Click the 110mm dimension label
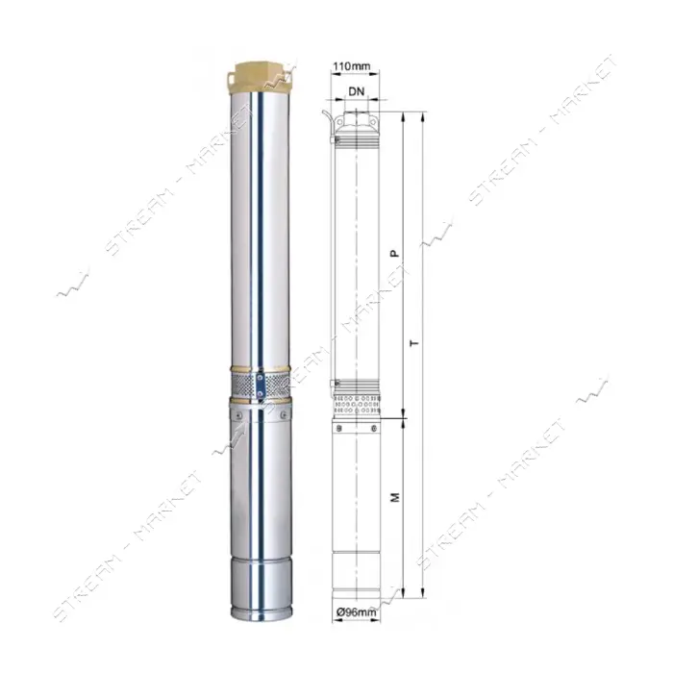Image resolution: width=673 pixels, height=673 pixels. (x=351, y=66)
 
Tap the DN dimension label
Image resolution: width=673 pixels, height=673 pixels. (x=357, y=91)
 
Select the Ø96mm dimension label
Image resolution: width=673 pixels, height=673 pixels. (x=357, y=612)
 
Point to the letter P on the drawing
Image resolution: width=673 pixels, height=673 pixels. (x=395, y=254)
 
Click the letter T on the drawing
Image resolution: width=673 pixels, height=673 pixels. (x=414, y=343)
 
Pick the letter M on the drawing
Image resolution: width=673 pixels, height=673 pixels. (x=395, y=497)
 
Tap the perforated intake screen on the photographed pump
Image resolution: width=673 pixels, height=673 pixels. (x=261, y=385)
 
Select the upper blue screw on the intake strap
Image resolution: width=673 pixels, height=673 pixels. (x=261, y=378)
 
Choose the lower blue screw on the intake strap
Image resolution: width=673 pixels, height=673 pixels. (x=261, y=392)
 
